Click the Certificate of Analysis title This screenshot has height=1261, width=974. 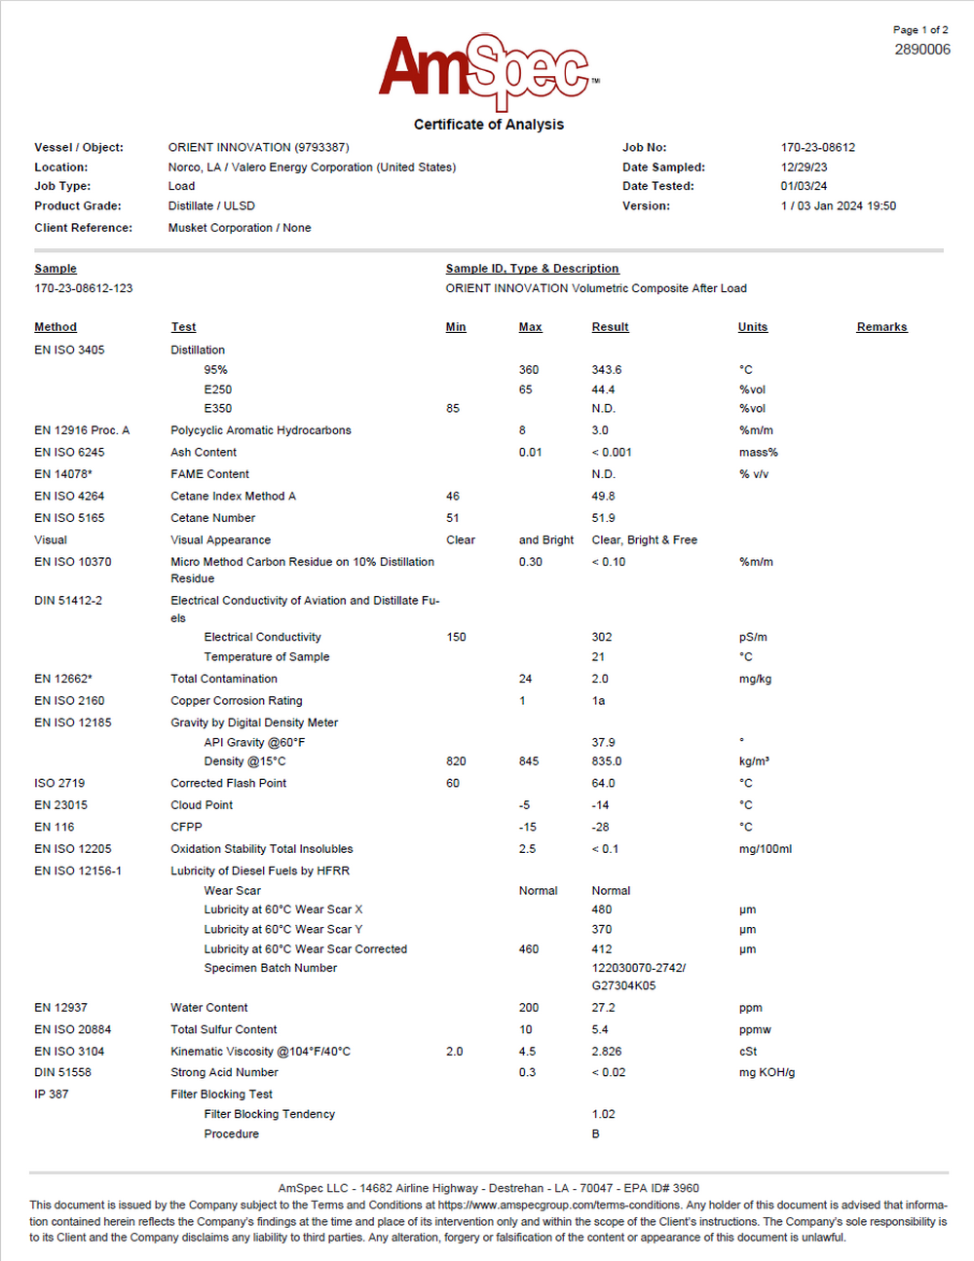[488, 125]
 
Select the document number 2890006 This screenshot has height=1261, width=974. [921, 50]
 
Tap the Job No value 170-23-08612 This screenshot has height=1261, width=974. [817, 148]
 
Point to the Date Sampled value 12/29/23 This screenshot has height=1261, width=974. [804, 167]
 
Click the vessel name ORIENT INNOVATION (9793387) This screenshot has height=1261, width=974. [258, 148]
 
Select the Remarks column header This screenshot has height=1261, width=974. [881, 327]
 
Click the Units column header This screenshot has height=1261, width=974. [752, 327]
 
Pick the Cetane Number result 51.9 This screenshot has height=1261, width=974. [603, 518]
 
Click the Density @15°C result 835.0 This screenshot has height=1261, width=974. [606, 761]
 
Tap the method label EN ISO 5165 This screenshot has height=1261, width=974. [69, 518]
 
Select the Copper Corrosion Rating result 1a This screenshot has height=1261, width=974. [598, 701]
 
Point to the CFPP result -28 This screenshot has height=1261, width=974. [600, 828]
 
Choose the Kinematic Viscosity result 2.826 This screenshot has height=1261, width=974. [606, 1052]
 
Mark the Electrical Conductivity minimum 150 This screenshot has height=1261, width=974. [456, 637]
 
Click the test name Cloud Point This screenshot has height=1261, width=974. [202, 805]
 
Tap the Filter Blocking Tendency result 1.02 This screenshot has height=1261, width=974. [603, 1114]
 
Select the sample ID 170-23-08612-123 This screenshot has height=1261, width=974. [84, 288]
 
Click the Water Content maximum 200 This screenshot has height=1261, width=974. [528, 1008]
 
